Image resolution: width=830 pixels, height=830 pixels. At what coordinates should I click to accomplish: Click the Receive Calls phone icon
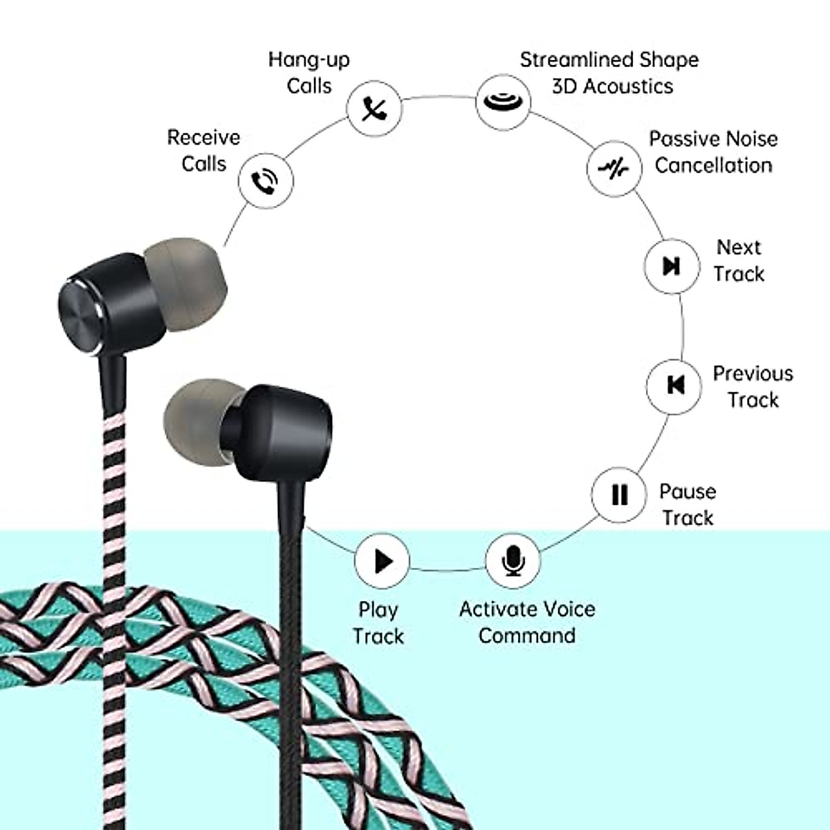pyautogui.click(x=265, y=181)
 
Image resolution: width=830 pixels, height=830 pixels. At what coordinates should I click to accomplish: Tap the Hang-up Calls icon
pyautogui.click(x=374, y=109)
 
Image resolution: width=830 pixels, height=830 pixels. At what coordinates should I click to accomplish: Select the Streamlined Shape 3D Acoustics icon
pyautogui.click(x=503, y=102)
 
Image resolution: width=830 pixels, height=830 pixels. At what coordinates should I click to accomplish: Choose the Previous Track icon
pyautogui.click(x=674, y=385)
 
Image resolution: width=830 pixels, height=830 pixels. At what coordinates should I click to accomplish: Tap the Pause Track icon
pyautogui.click(x=620, y=495)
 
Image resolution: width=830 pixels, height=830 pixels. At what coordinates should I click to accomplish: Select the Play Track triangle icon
pyautogui.click(x=382, y=561)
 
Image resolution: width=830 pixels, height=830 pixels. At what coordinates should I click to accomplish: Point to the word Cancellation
pyautogui.click(x=713, y=165)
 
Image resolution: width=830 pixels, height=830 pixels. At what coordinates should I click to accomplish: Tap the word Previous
pyautogui.click(x=753, y=373)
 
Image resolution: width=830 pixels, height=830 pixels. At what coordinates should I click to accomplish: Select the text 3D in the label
pyautogui.click(x=564, y=86)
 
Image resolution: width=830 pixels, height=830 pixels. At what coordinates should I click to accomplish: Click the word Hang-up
pyautogui.click(x=308, y=60)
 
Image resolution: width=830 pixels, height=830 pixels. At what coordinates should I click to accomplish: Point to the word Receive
pyautogui.click(x=203, y=138)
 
